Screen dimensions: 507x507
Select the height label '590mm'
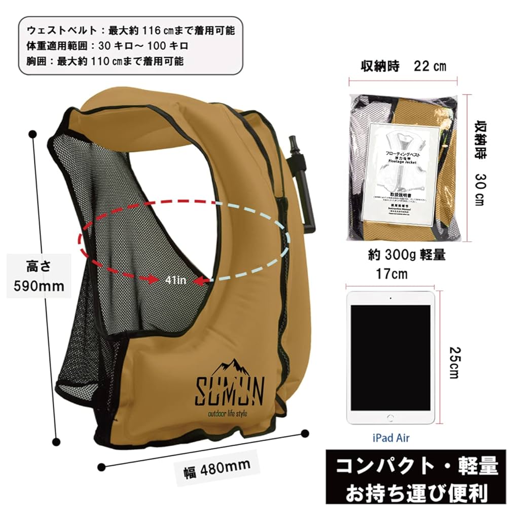click(39, 286)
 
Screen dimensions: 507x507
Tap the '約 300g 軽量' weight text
click(407, 255)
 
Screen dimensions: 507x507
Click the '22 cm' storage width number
click(430, 66)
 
